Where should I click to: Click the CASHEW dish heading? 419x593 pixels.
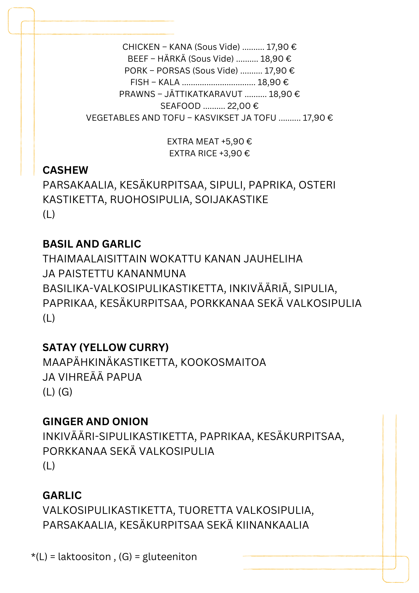65,170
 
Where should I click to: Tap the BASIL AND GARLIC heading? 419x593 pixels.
92,244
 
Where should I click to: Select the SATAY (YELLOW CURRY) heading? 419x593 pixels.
105,347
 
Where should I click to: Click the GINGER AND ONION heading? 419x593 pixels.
95,422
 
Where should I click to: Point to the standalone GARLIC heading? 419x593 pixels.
62,495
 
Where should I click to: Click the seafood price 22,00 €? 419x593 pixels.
243,106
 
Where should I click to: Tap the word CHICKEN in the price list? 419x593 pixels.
141,47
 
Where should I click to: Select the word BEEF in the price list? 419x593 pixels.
138,59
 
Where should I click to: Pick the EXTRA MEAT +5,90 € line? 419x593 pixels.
209,141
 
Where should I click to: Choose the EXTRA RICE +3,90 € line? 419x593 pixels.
209,153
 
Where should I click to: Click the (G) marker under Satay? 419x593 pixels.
65,392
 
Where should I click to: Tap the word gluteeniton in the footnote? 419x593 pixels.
169,557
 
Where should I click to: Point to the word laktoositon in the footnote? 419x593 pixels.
84,557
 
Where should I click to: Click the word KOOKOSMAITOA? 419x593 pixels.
223,362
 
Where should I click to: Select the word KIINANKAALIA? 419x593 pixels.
272,525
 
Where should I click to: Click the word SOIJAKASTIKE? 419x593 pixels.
231,200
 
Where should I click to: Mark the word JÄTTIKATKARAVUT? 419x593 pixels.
203,94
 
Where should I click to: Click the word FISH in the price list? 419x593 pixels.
140,82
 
